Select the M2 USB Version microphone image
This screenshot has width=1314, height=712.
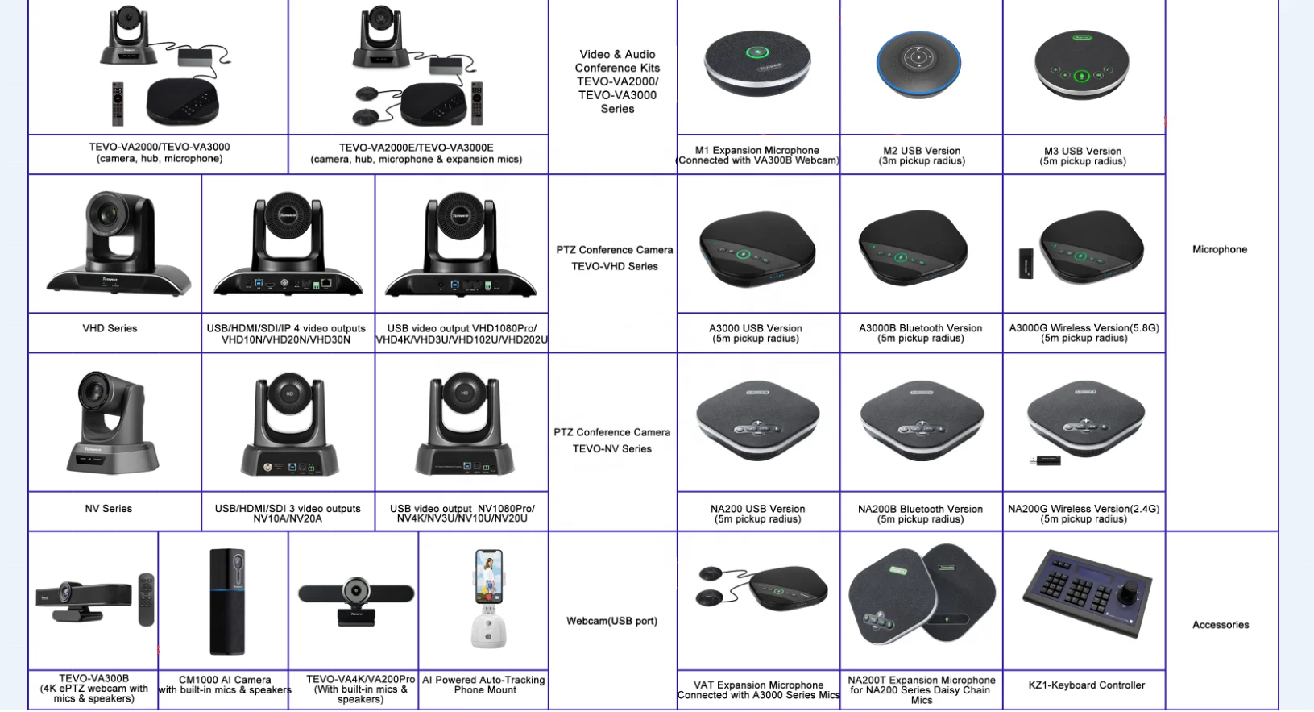click(919, 64)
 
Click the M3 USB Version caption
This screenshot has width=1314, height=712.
click(1083, 156)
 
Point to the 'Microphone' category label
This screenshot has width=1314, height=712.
click(1220, 250)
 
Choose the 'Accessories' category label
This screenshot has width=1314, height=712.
click(1221, 625)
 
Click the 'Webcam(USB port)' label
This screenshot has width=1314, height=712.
click(611, 621)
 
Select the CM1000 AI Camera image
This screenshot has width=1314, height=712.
click(227, 600)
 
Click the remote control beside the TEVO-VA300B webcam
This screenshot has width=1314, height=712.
click(146, 599)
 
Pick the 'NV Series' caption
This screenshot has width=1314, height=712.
click(109, 509)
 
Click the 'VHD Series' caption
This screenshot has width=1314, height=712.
click(110, 328)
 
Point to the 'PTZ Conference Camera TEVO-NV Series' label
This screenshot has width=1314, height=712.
click(612, 440)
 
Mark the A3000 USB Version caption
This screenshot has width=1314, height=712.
click(756, 333)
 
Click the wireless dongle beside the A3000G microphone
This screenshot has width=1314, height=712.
click(1026, 264)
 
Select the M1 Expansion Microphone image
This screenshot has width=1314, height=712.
click(757, 64)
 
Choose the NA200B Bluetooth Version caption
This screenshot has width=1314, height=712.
click(920, 514)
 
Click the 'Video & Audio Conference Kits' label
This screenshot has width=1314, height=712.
click(617, 81)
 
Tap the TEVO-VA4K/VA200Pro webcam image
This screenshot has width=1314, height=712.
click(356, 600)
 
